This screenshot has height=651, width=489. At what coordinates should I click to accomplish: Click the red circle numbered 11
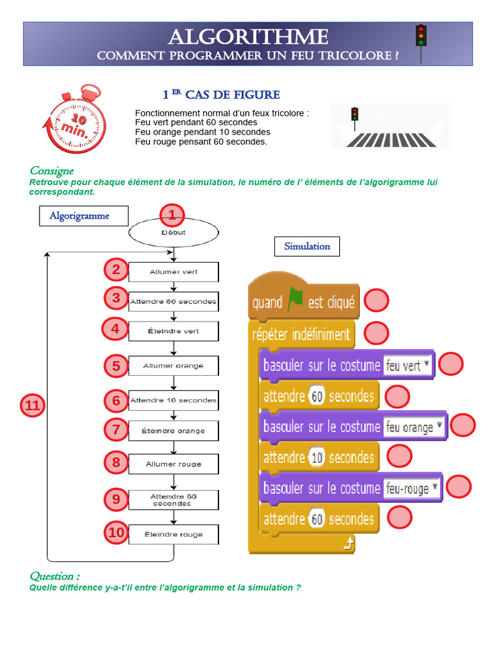[x=32, y=406]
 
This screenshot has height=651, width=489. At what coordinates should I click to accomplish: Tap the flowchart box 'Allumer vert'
[x=173, y=272]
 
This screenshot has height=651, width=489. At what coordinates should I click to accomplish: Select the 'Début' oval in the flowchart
[x=173, y=233]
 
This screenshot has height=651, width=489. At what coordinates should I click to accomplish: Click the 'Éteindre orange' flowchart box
[x=173, y=431]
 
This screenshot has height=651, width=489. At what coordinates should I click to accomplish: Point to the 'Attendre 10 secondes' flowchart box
[x=173, y=401]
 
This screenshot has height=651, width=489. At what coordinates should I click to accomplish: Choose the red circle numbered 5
[x=116, y=366]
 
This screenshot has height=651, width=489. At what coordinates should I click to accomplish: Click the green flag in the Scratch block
[x=295, y=301]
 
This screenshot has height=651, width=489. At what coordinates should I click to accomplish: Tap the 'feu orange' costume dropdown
[x=414, y=427]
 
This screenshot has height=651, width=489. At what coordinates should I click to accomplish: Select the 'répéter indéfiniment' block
[x=301, y=334]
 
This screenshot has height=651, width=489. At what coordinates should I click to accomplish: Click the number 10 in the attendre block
[x=316, y=458]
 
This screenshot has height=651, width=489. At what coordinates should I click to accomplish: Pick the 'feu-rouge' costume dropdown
[x=413, y=488]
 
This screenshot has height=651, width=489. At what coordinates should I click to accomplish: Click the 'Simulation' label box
[x=307, y=246]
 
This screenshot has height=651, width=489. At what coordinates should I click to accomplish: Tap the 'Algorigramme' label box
[x=80, y=216]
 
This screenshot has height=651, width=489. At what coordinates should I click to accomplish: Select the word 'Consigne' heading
[x=52, y=170]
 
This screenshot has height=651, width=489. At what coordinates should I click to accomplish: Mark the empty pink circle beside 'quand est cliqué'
[x=376, y=301]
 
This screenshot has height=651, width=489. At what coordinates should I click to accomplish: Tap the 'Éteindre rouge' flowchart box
[x=173, y=535]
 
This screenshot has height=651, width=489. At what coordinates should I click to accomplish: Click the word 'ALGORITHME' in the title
[x=248, y=37]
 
